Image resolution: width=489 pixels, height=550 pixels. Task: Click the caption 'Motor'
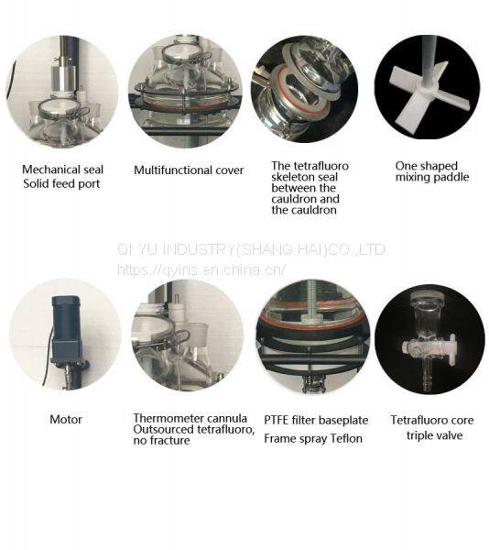click(x=66, y=419)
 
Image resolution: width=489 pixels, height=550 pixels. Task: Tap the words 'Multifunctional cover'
click(x=189, y=170)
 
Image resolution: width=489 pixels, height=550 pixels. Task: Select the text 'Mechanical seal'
click(x=62, y=170)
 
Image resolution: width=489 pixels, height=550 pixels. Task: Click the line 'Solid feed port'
click(x=61, y=183)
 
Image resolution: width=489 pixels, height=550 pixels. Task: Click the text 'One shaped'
click(x=427, y=166)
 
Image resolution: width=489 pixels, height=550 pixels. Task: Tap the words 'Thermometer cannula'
click(x=190, y=418)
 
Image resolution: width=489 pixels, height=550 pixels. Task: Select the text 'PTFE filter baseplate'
click(x=316, y=420)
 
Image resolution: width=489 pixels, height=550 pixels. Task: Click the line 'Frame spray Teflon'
click(x=313, y=438)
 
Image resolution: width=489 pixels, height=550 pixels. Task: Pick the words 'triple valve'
click(x=434, y=435)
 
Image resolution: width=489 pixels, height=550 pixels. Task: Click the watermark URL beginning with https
click(x=201, y=269)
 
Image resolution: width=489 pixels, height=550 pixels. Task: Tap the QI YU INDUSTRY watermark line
click(x=252, y=249)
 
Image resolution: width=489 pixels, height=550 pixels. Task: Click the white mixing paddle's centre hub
click(x=428, y=89)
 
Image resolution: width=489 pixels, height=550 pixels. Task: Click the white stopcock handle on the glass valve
click(x=453, y=348)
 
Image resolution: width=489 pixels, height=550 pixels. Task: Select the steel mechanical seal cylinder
click(x=63, y=75)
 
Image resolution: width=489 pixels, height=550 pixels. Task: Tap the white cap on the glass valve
click(x=428, y=297)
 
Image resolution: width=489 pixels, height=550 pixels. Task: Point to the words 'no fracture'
click(x=161, y=440)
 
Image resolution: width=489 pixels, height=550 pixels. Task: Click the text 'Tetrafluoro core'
click(x=432, y=420)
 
